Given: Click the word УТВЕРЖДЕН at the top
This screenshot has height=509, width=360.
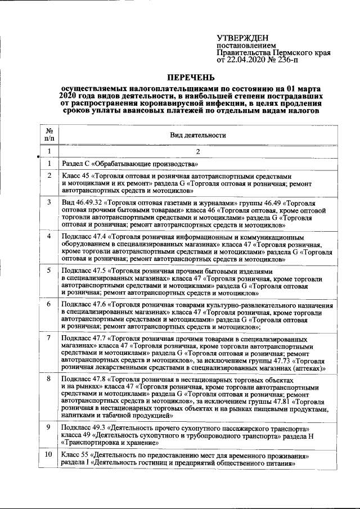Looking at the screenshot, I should pos(242,38).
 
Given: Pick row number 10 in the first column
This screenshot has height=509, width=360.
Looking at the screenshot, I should pos(49,454).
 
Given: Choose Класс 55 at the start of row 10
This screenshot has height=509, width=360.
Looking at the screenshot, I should pos(76,454).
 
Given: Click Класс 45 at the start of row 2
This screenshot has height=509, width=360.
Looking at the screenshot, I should pos(76,176).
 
